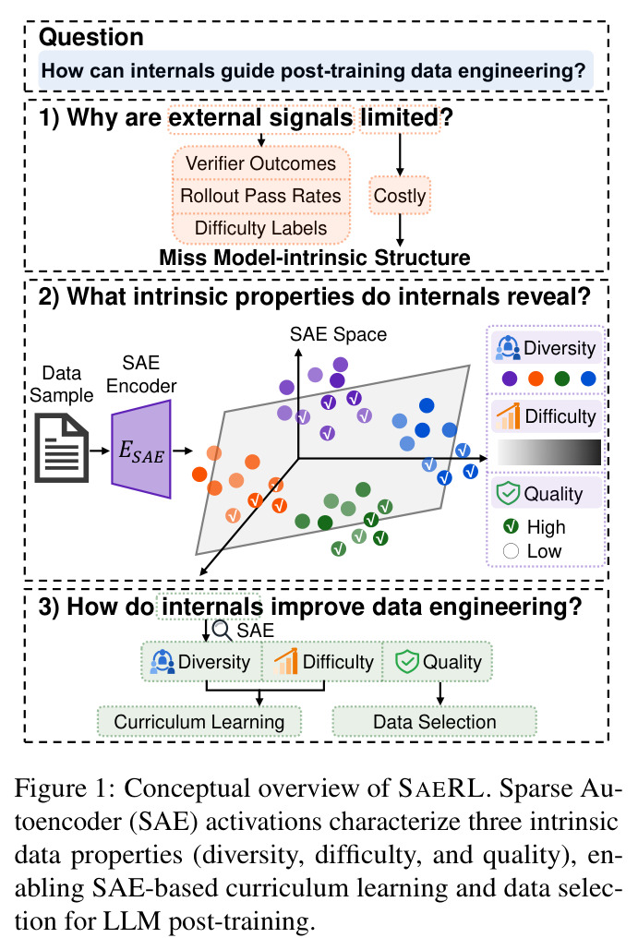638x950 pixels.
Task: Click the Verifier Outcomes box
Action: (x=261, y=163)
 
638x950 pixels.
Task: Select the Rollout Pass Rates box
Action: (x=261, y=196)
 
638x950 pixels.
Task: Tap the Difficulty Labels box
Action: (x=261, y=228)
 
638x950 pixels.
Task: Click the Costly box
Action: (x=400, y=196)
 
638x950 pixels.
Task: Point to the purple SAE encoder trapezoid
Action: (x=141, y=450)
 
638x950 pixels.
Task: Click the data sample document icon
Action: (x=62, y=448)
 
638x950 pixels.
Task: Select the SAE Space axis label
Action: (x=338, y=334)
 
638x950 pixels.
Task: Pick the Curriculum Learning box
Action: (x=199, y=722)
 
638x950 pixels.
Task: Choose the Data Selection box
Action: (x=435, y=722)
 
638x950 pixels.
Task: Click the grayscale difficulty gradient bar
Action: (x=549, y=452)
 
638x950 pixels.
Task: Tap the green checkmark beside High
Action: (x=511, y=526)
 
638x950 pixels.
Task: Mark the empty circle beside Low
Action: (x=511, y=551)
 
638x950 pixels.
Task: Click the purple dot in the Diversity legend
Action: (x=511, y=379)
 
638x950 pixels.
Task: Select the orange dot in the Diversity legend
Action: (x=536, y=379)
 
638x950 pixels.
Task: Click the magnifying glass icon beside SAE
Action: (x=223, y=631)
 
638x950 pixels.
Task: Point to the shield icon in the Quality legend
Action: (x=508, y=493)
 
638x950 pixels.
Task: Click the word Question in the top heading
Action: (x=91, y=38)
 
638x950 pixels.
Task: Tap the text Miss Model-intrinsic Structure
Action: (x=315, y=258)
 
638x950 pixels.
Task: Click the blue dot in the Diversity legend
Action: (x=588, y=379)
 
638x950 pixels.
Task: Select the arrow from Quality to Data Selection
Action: (x=440, y=693)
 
